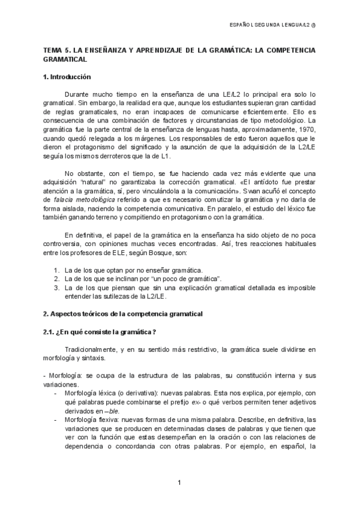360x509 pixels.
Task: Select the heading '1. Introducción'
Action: [x=67, y=77]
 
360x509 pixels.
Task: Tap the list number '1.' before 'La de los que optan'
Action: [x=56, y=270]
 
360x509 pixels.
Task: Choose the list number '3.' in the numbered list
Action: [x=56, y=287]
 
